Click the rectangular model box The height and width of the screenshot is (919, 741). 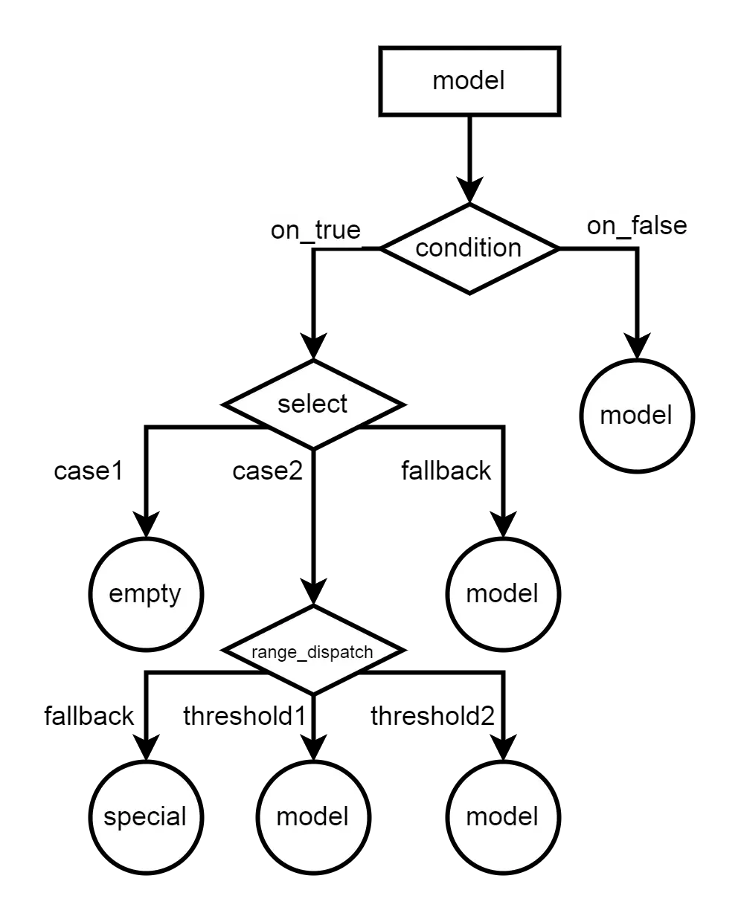(x=469, y=81)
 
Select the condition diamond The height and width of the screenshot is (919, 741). (x=469, y=248)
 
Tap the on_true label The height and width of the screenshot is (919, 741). (x=315, y=230)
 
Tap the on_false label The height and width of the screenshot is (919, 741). (x=637, y=226)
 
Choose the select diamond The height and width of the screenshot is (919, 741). (x=313, y=404)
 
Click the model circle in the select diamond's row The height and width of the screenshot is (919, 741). (x=637, y=416)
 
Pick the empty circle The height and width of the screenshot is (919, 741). (x=146, y=594)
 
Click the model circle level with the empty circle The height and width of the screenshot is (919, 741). (x=503, y=594)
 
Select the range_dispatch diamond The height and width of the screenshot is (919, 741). (x=313, y=651)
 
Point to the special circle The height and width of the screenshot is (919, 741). (x=146, y=817)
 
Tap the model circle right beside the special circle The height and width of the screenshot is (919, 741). (x=313, y=817)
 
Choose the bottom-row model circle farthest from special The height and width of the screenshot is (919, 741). (x=503, y=817)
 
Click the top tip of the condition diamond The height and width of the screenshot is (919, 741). (x=469, y=207)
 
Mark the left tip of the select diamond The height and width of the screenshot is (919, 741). (x=230, y=404)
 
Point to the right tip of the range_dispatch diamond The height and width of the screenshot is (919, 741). (x=397, y=651)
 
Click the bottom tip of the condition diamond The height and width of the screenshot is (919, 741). (x=469, y=290)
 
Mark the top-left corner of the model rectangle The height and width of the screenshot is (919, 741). (x=383, y=51)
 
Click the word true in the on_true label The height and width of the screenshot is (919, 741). (x=336, y=230)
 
